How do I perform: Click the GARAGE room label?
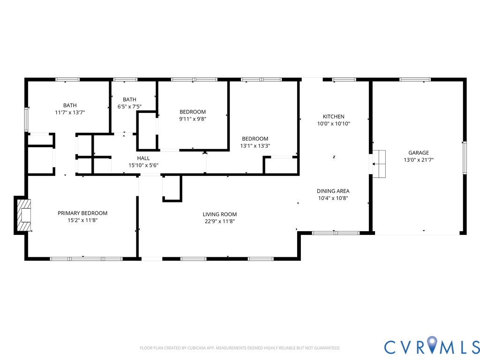[418, 153]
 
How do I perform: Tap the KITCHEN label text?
[333, 117]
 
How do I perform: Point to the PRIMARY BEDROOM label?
[82, 213]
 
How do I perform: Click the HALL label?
[143, 158]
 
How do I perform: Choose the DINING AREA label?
[333, 191]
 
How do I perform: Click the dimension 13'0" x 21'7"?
[418, 160]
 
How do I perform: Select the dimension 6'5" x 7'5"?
[129, 106]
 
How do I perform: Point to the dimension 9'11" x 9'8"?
[193, 119]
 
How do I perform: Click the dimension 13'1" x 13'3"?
[255, 146]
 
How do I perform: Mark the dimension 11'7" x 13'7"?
[70, 112]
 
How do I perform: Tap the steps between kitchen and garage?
[379, 164]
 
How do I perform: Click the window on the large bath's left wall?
[27, 120]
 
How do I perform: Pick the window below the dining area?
[335, 232]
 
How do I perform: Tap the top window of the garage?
[415, 80]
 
